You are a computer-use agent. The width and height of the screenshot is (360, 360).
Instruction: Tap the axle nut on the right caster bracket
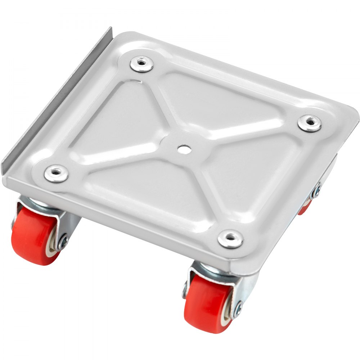[x=317, y=190]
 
